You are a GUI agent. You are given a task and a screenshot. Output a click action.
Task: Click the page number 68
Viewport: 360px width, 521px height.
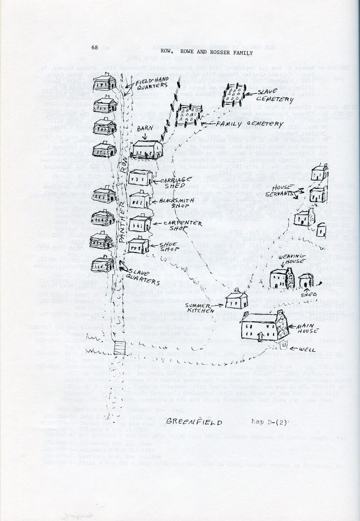click(x=95, y=47)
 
